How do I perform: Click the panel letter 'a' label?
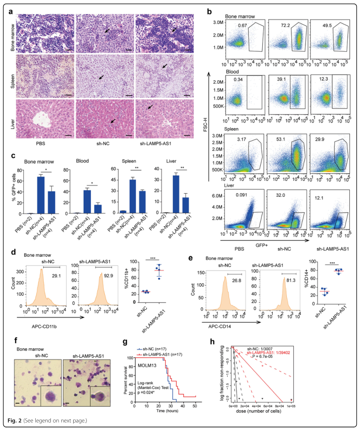(x=12, y=12)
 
